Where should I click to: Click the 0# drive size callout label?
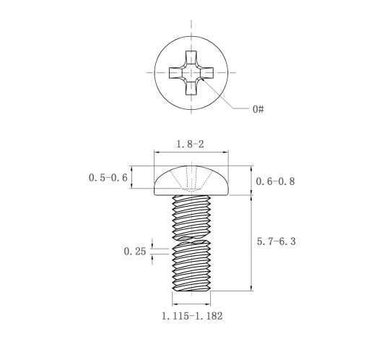pyautogui.click(x=258, y=109)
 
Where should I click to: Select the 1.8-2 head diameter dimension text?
pyautogui.click(x=190, y=144)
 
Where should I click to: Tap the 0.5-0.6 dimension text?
pyautogui.click(x=108, y=178)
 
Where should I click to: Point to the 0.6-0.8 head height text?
pyautogui.click(x=275, y=181)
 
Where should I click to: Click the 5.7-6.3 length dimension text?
pyautogui.click(x=276, y=241)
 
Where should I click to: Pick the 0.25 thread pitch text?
pyautogui.click(x=135, y=252)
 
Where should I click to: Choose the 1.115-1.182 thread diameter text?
pyautogui.click(x=192, y=316)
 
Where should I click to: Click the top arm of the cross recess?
pyautogui.click(x=191, y=57)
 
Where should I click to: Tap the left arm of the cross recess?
pyautogui.click(x=175, y=72)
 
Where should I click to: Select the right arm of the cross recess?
pyautogui.click(x=206, y=72)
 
